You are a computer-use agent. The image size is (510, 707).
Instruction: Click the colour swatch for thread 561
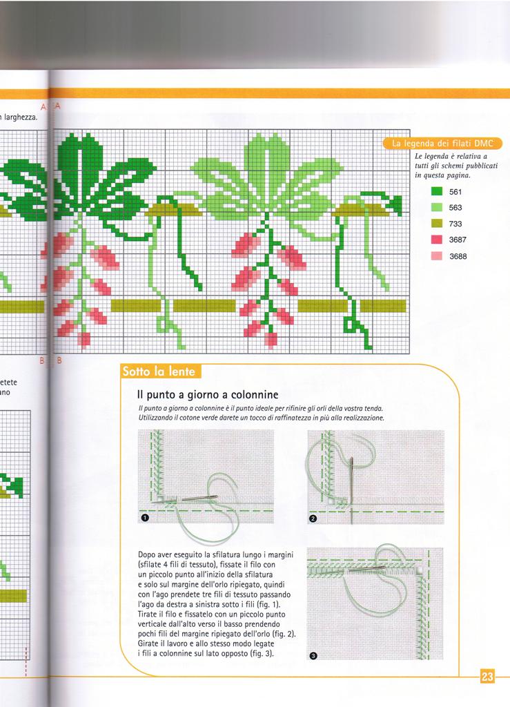pos(436,191)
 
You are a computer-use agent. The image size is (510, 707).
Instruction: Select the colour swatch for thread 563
pos(436,207)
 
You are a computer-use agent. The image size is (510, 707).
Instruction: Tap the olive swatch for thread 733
pos(436,224)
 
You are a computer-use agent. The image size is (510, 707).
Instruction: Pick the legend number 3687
pos(458,240)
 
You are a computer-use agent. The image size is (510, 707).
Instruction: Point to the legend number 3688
pos(458,256)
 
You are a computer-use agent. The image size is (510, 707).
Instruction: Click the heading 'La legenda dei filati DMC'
pos(442,144)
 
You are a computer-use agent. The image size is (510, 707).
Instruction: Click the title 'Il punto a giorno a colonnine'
pos(208,395)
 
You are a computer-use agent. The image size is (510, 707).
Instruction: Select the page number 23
pos(487,677)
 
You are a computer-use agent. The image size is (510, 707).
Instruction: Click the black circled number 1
pos(145,518)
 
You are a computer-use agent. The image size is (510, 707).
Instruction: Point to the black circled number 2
pos(313,519)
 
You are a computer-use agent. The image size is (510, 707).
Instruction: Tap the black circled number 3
pos(314,656)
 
